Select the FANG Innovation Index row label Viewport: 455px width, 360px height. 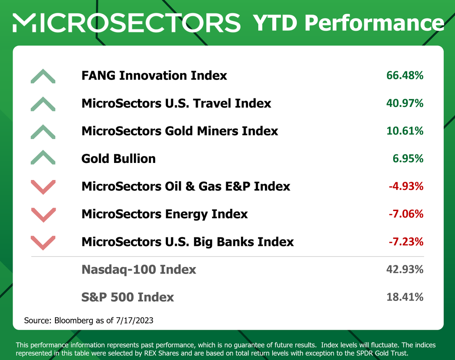tap(154, 75)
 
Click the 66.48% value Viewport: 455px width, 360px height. tap(405, 75)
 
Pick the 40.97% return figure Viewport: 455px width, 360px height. tap(405, 103)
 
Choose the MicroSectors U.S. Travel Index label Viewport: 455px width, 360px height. tap(176, 103)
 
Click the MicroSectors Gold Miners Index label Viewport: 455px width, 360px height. tap(180, 131)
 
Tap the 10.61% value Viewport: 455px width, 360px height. tap(405, 131)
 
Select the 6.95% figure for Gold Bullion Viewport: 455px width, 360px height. tap(408, 158)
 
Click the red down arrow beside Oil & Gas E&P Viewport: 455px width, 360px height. tap(43, 187)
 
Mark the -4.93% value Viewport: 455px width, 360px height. tap(405, 186)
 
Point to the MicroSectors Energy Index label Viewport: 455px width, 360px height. tap(165, 214)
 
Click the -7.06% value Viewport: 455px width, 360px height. tap(405, 214)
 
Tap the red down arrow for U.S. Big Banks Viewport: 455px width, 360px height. tap(43, 242)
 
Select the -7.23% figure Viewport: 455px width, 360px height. tap(405, 242)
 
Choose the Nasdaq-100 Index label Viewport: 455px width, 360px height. tap(139, 269)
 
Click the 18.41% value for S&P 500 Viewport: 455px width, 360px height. tap(405, 297)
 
